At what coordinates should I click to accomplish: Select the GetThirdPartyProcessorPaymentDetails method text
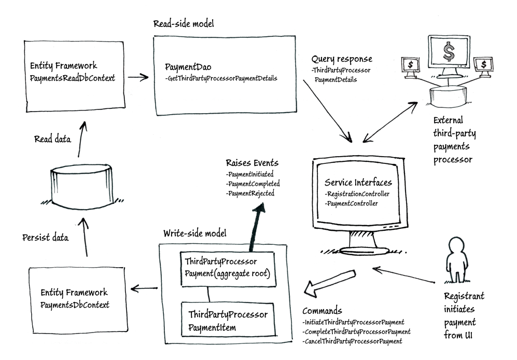pos(221,78)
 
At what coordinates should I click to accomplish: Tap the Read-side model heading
pos(184,24)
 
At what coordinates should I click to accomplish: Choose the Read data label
pos(52,139)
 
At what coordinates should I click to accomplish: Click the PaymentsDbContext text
pos(75,304)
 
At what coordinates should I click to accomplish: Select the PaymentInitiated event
pos(250,174)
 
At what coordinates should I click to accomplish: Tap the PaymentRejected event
pos(250,193)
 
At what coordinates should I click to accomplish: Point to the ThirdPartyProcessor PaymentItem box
pos(228,321)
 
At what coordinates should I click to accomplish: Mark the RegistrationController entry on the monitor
pos(358,194)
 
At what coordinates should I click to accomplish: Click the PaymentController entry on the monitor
pos(353,203)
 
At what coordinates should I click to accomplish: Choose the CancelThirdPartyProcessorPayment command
pos(353,341)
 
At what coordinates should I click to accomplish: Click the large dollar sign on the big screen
pos(448,51)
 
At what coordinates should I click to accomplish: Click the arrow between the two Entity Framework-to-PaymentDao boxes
pos(137,77)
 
